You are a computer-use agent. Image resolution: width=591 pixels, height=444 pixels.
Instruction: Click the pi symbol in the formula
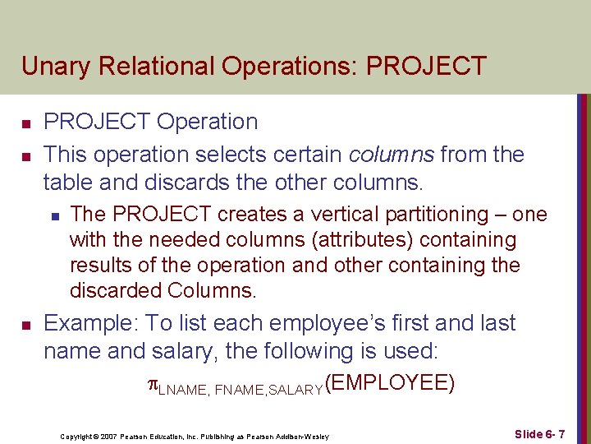(151, 384)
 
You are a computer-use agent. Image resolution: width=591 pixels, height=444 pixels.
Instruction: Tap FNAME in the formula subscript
(237, 389)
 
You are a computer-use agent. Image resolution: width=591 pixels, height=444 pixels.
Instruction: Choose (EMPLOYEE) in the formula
(390, 382)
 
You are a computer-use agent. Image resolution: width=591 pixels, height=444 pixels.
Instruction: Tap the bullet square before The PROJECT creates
(53, 216)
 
